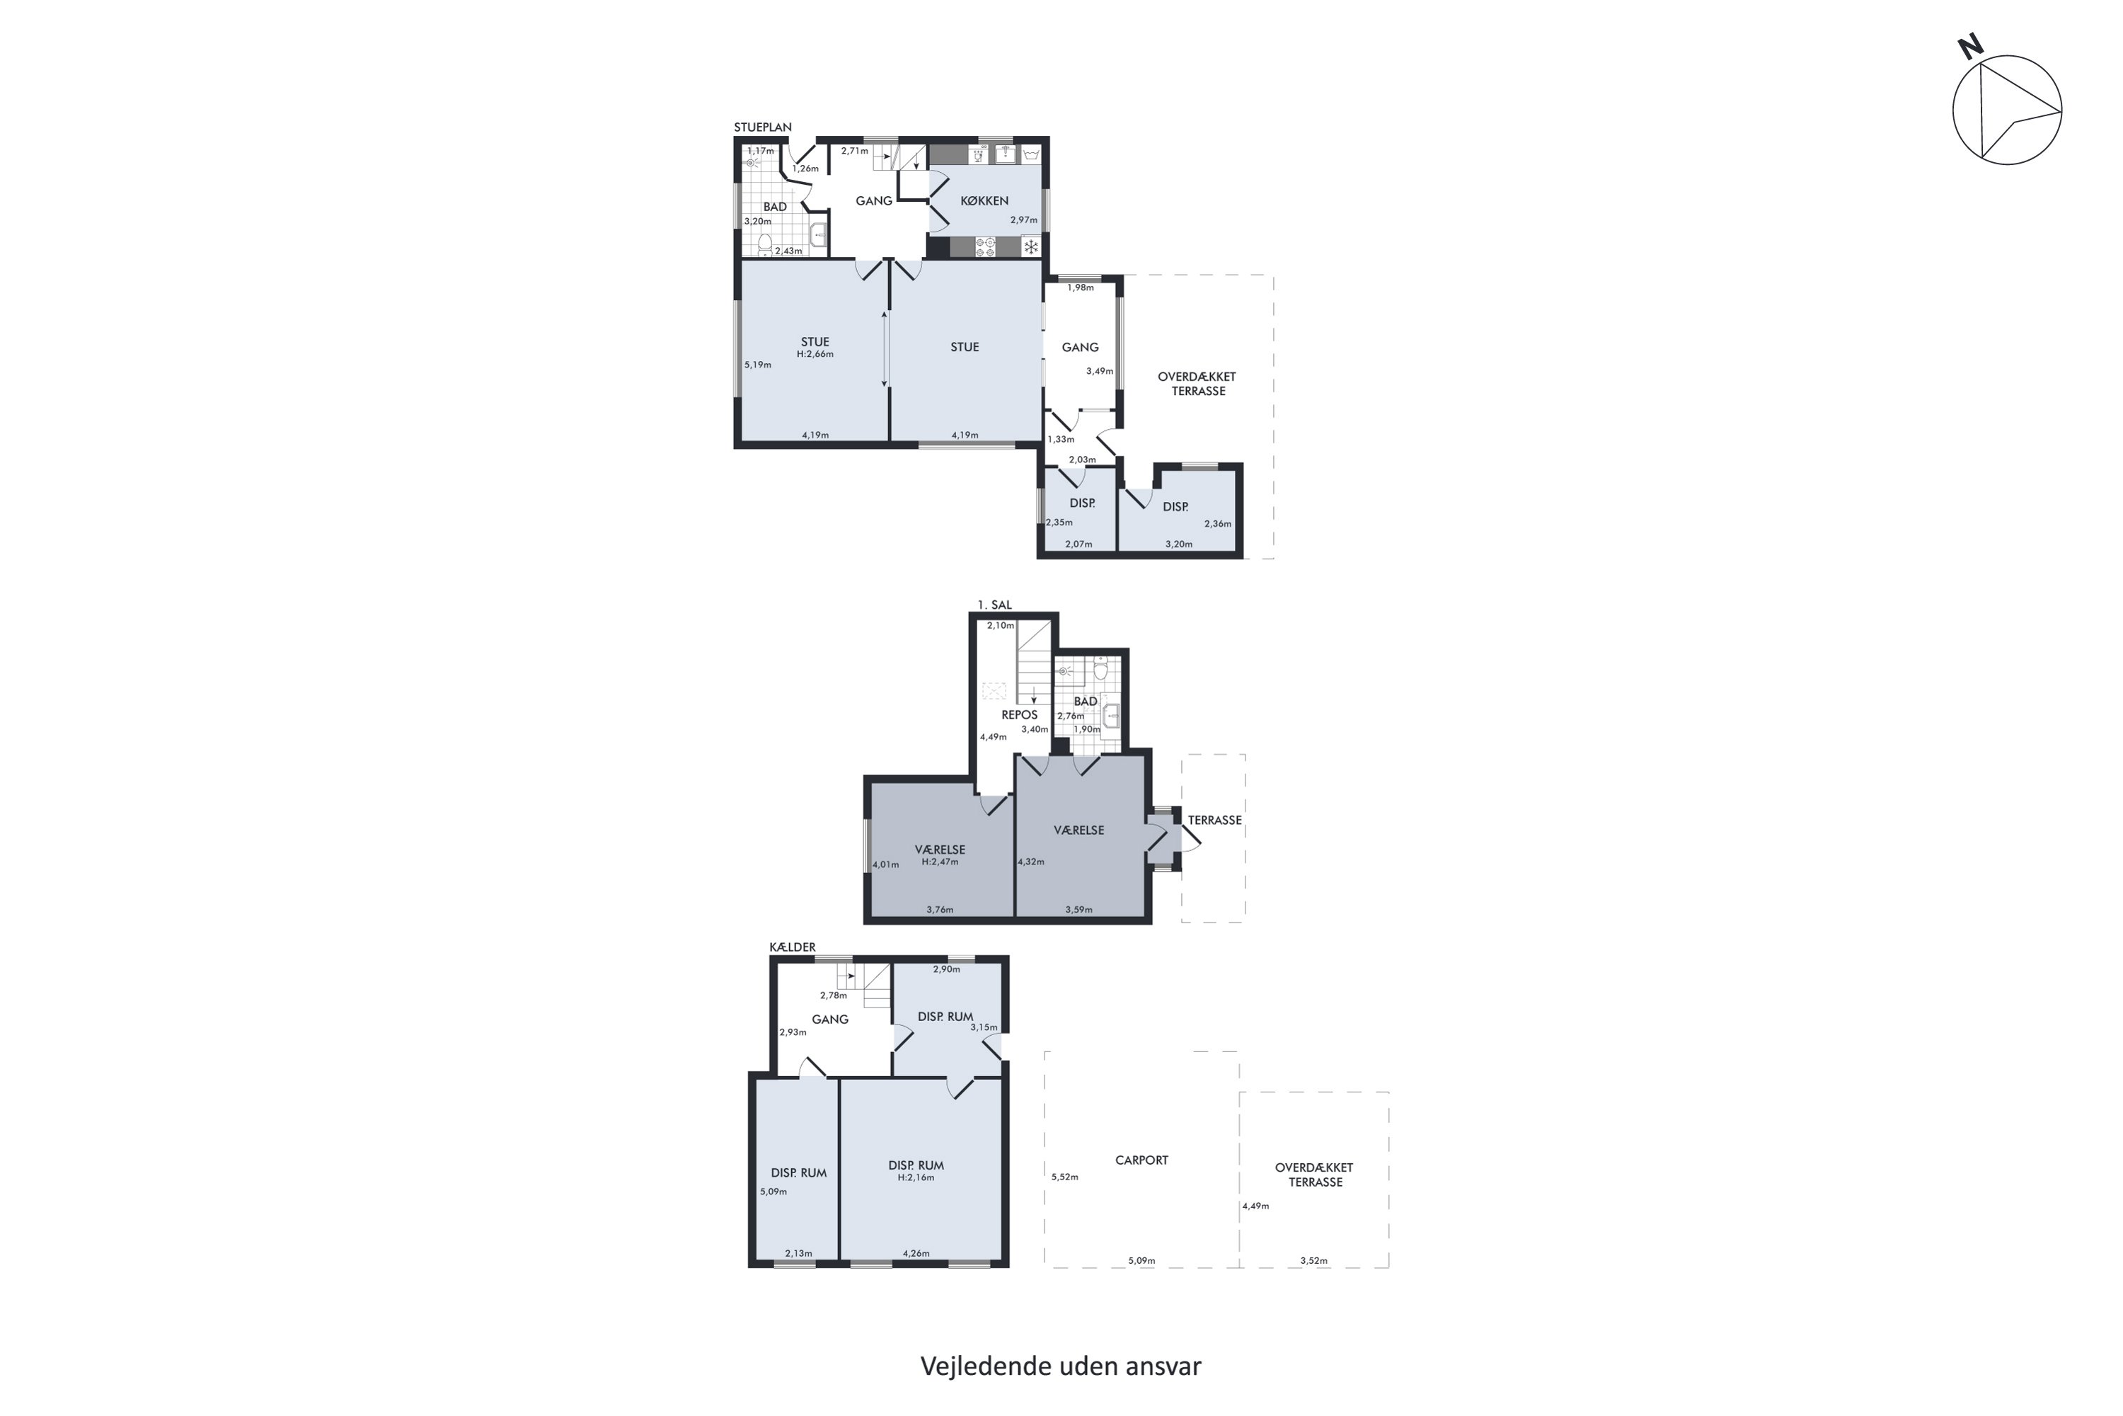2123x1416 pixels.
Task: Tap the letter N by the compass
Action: coord(1969,46)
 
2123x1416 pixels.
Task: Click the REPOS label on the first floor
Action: coord(1019,714)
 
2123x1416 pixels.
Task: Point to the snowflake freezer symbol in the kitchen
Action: coord(1031,246)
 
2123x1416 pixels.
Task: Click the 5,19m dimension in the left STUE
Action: coord(757,365)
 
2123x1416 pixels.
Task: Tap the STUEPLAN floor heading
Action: coord(763,127)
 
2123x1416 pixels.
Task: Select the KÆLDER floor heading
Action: coord(793,947)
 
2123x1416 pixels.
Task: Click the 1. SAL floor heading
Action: coord(995,605)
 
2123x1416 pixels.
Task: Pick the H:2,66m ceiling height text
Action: coord(815,354)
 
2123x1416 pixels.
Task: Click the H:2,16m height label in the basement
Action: coord(916,1177)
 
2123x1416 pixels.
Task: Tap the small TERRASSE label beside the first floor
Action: coord(1214,820)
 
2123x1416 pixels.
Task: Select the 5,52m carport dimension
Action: coord(1065,1177)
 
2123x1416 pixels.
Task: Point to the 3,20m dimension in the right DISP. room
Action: coord(1179,544)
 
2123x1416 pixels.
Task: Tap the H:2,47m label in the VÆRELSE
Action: coord(940,862)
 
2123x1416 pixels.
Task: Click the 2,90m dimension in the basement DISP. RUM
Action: coord(947,969)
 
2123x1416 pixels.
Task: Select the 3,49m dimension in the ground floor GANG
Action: coord(1100,371)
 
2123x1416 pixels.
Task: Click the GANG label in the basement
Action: coord(829,1020)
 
